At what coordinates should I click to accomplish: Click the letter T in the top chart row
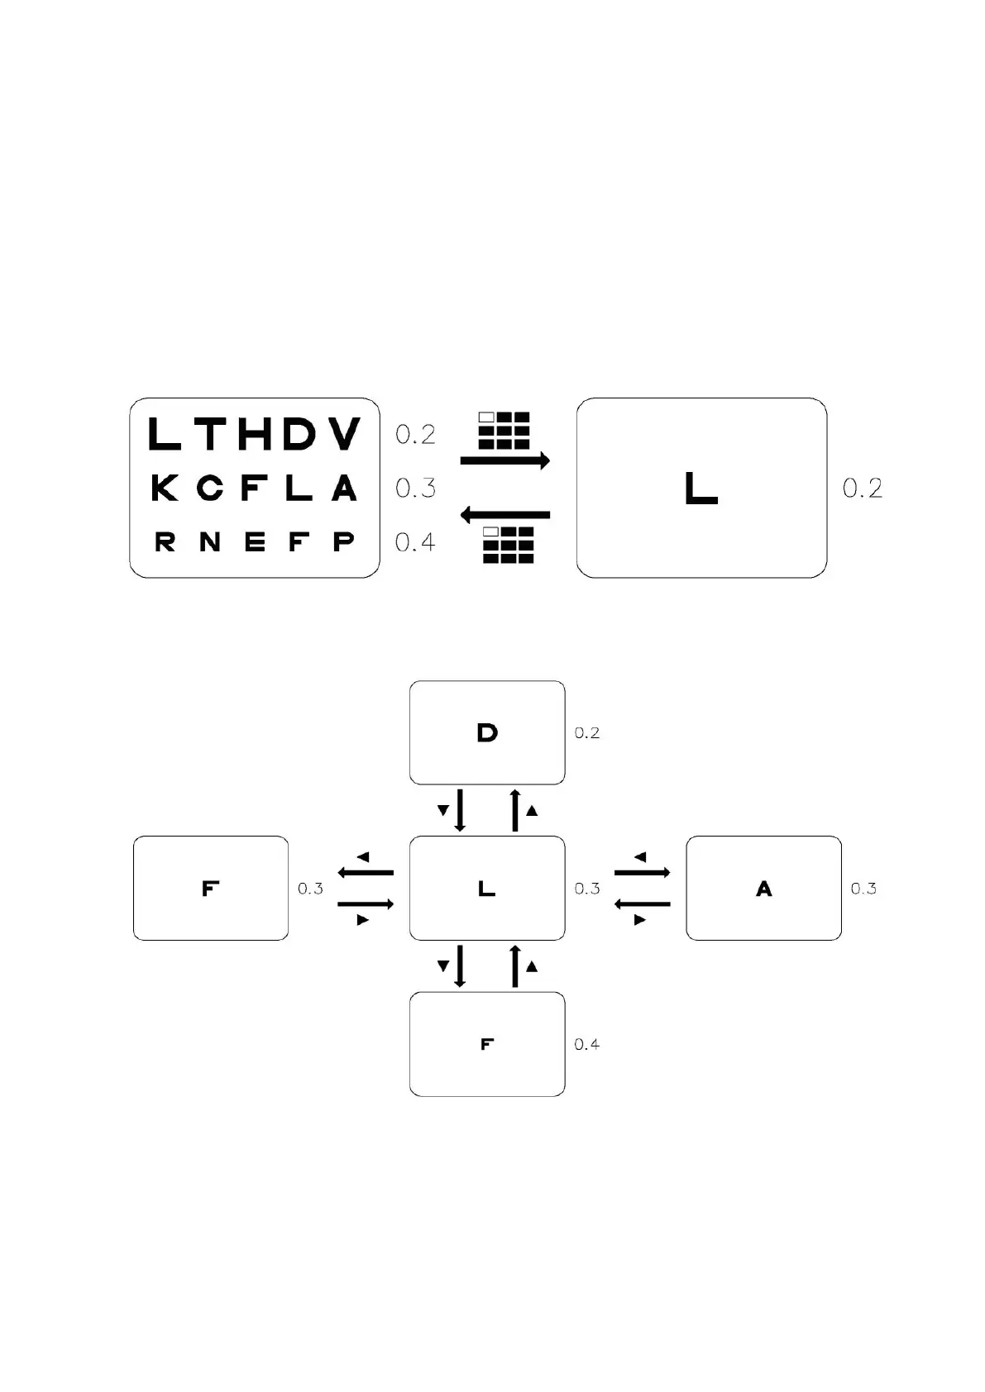[211, 434]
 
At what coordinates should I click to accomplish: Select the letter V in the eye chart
[343, 434]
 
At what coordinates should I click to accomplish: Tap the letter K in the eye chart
[165, 488]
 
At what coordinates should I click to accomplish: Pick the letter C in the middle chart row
[210, 488]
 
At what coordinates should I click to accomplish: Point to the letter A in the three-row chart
[344, 488]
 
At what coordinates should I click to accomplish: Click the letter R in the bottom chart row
[165, 541]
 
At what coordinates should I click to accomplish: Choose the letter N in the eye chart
[210, 541]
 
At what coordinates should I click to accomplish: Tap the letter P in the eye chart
[344, 541]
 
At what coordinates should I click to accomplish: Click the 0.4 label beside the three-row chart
[415, 542]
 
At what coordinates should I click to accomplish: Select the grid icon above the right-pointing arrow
[504, 430]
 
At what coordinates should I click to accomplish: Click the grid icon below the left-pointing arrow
[508, 545]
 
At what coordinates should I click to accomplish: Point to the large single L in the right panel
[700, 488]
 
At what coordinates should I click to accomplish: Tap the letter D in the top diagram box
[487, 732]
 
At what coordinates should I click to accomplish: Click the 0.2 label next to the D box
[587, 733]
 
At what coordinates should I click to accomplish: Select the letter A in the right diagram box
[763, 889]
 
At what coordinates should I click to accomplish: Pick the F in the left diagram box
[211, 889]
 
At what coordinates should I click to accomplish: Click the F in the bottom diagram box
[487, 1044]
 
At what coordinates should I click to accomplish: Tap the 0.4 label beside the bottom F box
[587, 1045]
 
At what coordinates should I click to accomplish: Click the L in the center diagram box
[487, 889]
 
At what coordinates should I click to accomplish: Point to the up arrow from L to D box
[515, 810]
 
